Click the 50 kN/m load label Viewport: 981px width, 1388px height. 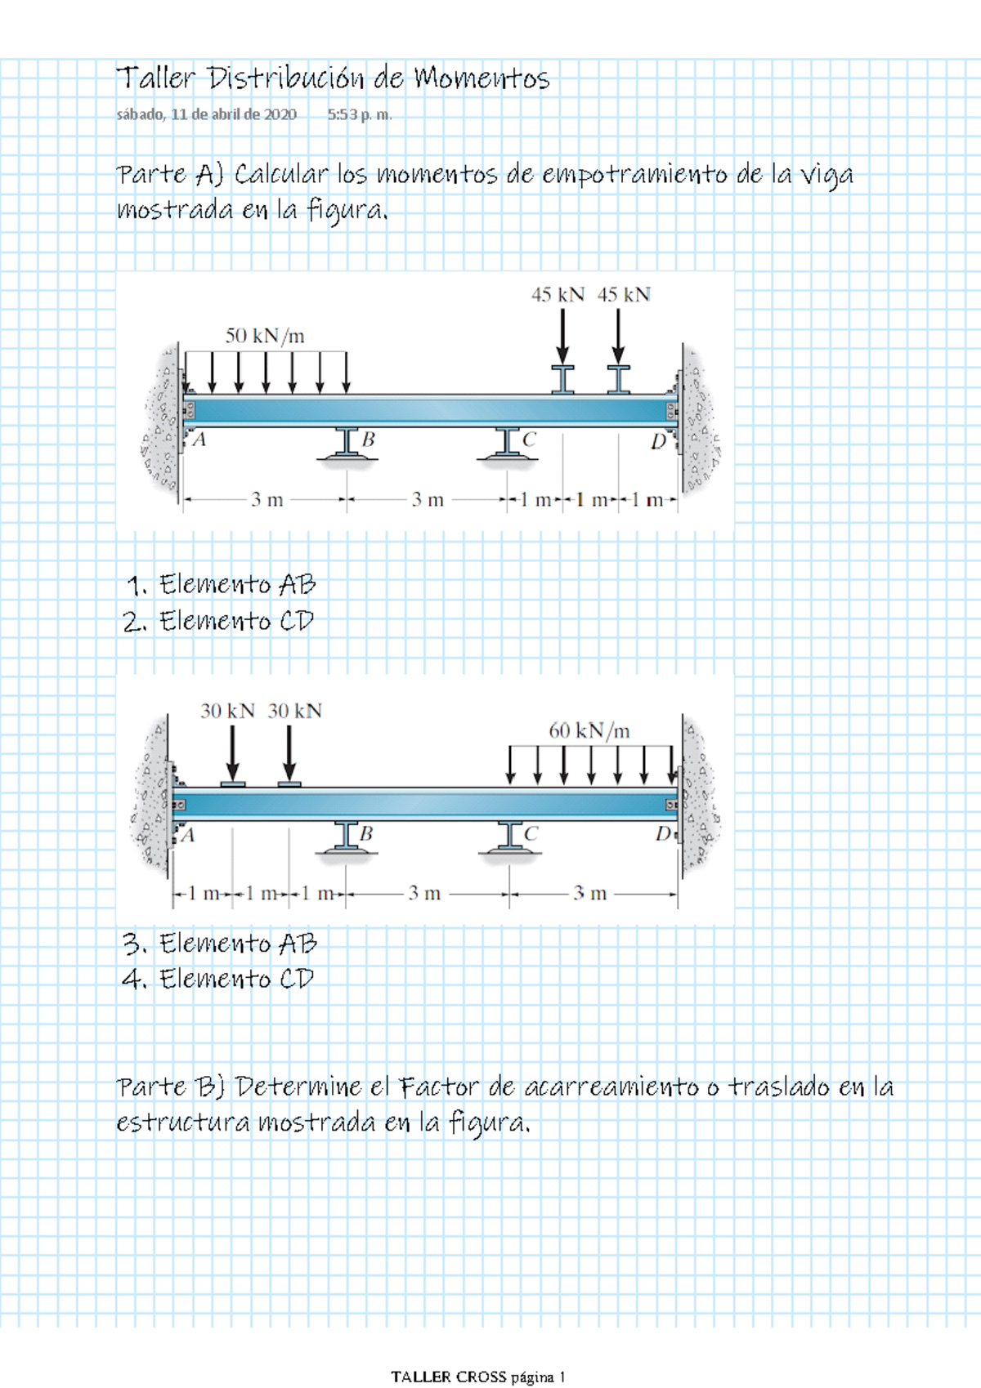(x=265, y=336)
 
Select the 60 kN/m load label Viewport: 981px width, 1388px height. (x=589, y=731)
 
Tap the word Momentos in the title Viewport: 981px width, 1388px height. (x=482, y=78)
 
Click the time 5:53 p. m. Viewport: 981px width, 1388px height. (x=360, y=114)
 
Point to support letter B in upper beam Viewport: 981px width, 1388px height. (x=369, y=440)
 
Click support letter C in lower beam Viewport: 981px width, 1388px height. (x=531, y=834)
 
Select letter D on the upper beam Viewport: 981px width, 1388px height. (x=659, y=441)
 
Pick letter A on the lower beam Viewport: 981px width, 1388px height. (x=188, y=835)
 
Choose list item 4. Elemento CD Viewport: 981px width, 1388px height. (x=218, y=980)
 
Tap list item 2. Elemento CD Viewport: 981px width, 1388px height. (x=218, y=621)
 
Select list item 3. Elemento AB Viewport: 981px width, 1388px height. (x=220, y=944)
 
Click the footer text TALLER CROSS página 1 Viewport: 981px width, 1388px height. (x=478, y=1377)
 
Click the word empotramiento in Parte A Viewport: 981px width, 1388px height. (x=635, y=176)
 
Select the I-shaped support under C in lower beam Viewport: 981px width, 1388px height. (x=510, y=837)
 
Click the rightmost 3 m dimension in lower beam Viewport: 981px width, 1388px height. (x=589, y=893)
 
